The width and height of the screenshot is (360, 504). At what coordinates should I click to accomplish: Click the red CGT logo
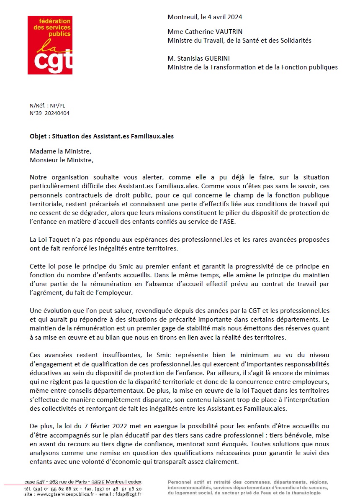click(x=50, y=45)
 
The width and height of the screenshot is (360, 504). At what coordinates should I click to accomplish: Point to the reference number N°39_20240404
click(x=49, y=113)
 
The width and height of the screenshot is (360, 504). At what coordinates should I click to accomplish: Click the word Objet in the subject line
click(x=39, y=136)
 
